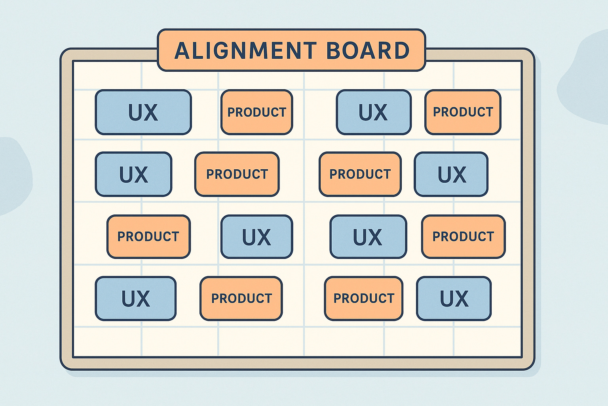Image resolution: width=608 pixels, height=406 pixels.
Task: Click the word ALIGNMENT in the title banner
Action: pos(245,50)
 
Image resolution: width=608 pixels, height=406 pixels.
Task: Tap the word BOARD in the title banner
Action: pos(368,50)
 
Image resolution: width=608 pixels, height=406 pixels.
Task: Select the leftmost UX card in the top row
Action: pos(143,112)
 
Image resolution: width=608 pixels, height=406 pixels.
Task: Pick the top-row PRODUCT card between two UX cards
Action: pos(256,112)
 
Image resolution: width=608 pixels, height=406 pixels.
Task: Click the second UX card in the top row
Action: pos(373,112)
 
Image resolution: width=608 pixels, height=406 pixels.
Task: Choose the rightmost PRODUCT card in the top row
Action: pos(463,112)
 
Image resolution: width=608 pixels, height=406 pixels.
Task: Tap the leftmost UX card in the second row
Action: pos(133,174)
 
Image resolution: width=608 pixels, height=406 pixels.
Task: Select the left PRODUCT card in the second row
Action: pos(237,174)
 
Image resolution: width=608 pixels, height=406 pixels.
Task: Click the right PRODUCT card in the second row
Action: pos(360,174)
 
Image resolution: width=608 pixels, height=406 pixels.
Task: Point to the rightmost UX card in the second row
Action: pos(451,174)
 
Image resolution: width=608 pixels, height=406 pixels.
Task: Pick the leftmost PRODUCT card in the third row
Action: pos(148,236)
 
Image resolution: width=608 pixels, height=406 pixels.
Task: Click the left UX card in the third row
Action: pos(256,236)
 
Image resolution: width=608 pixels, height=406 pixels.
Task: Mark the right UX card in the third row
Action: pos(368,236)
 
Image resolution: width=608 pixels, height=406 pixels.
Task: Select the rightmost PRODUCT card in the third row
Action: pos(463,236)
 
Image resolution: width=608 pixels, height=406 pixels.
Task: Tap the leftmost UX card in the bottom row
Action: pos(135,298)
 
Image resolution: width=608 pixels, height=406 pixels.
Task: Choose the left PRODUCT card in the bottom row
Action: pos(241,298)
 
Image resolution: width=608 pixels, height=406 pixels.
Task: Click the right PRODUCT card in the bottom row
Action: pos(364,298)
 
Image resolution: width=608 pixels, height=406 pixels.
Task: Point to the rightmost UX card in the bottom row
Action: pos(454,298)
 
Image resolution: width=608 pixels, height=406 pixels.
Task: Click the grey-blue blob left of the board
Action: pos(14,174)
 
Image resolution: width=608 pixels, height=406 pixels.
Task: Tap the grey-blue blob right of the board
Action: pos(586,75)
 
